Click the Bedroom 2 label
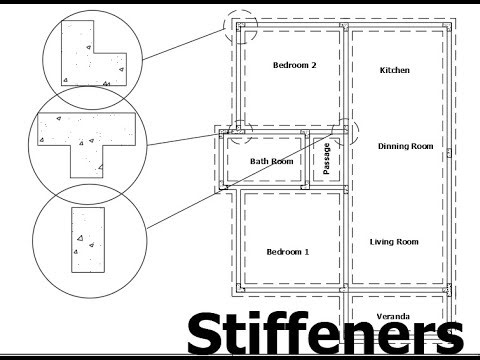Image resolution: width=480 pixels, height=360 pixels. pos(294,66)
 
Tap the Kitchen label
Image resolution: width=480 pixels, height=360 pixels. pos(395,71)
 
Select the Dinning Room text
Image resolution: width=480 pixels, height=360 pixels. pos(405,147)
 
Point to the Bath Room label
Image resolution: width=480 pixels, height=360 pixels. pos(271,161)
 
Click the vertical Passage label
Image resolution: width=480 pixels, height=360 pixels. pos(327,159)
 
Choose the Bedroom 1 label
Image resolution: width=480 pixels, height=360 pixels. pos(287,252)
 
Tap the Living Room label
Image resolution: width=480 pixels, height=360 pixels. pos(393,242)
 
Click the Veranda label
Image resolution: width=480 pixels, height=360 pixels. pos(394,316)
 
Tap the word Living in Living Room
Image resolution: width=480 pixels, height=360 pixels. pos(382,242)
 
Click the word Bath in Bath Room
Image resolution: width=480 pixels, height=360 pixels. pos(259,161)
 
